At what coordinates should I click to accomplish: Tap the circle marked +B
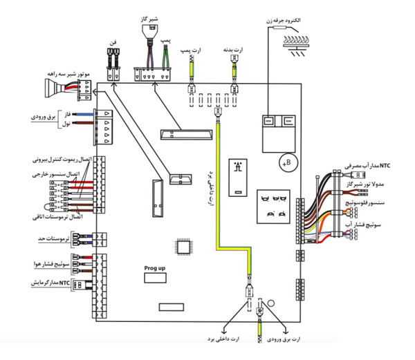pos(286,163)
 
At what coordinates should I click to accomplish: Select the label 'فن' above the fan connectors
pos(112,44)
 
